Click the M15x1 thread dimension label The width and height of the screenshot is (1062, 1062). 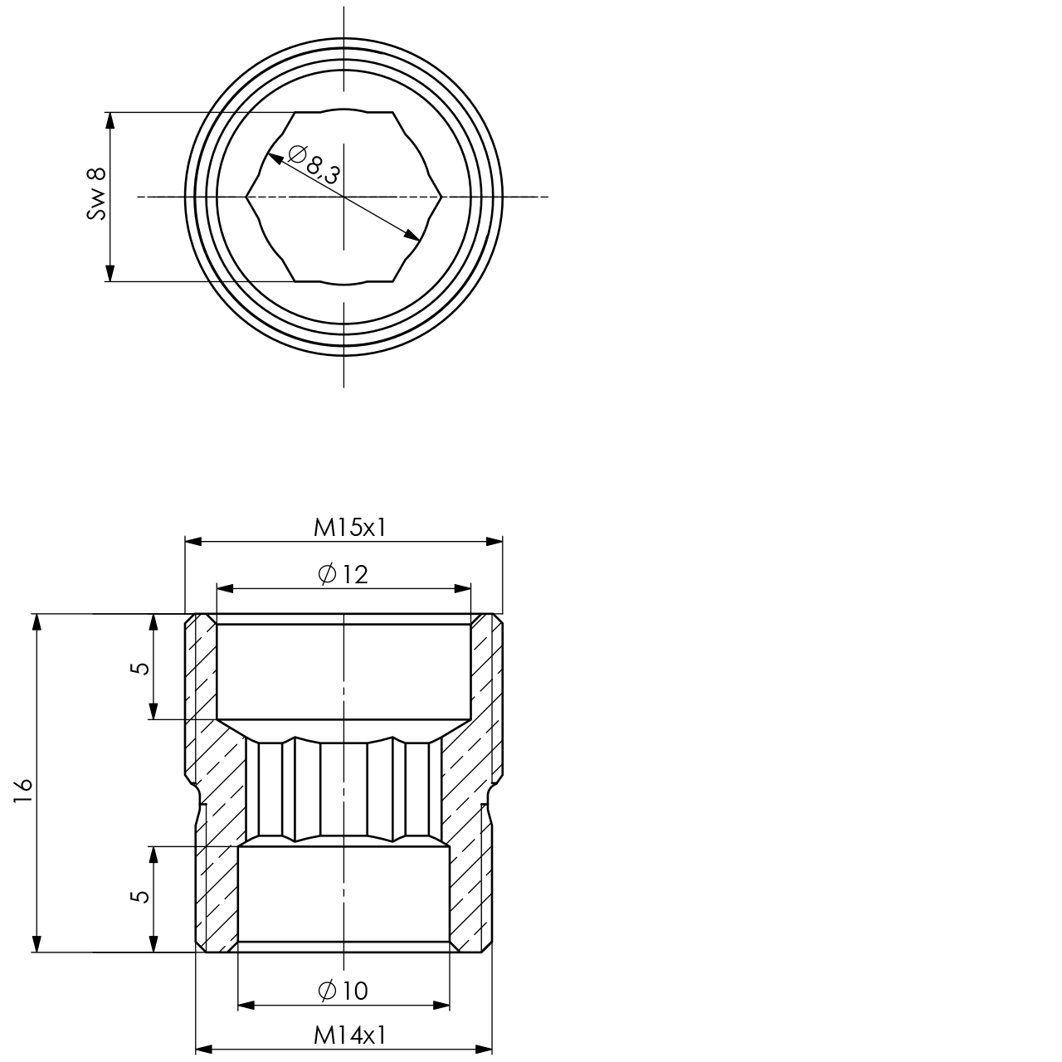pos(349,528)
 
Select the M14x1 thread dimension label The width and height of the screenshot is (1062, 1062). pos(349,1035)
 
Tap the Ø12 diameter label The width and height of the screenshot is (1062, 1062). pos(343,574)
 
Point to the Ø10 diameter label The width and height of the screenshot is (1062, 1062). pos(343,991)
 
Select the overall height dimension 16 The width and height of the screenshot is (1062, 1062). pos(22,789)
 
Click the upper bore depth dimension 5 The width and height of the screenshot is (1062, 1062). pos(141,667)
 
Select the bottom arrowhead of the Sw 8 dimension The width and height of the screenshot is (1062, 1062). pos(110,274)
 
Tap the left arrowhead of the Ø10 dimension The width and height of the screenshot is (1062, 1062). pos(246,1005)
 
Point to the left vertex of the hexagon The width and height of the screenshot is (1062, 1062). pos(246,197)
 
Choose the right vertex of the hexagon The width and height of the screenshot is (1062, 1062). pos(442,197)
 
